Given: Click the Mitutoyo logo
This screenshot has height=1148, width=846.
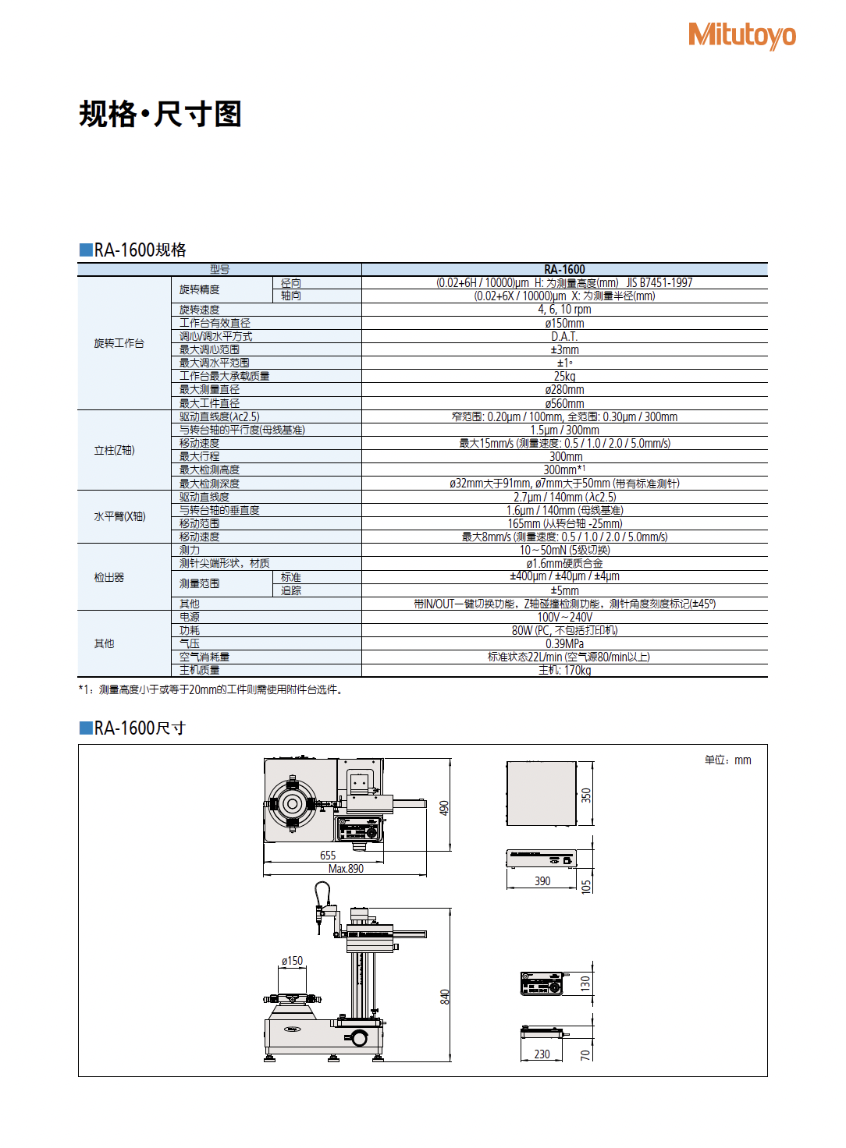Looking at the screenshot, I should click(x=741, y=35).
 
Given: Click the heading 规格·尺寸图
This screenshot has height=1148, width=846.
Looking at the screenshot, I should click(x=160, y=114).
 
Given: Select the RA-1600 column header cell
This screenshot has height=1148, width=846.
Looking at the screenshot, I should click(x=564, y=269).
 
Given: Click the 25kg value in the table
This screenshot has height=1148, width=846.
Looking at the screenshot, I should click(x=564, y=376).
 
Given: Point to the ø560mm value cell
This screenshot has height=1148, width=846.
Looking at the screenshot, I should click(x=564, y=403).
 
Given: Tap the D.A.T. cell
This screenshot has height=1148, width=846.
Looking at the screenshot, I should click(x=564, y=336).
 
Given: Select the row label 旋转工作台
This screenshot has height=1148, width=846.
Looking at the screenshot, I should click(x=119, y=343).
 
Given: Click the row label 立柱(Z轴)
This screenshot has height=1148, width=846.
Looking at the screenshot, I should click(x=114, y=450).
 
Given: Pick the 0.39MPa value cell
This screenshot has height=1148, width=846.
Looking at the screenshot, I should click(x=564, y=643).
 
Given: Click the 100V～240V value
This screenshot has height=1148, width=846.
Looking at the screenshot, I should click(x=564, y=617).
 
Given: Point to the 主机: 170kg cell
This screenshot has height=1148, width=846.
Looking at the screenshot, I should click(x=564, y=670).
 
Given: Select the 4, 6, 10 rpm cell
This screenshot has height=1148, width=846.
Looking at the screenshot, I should click(x=564, y=310).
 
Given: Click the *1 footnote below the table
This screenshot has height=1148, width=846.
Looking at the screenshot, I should click(x=211, y=689).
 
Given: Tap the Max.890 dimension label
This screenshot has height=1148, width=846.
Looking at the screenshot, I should click(x=346, y=869).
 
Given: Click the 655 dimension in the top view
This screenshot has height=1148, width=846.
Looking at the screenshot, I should click(x=328, y=856).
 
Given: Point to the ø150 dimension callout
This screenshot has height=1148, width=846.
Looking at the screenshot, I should click(x=292, y=961).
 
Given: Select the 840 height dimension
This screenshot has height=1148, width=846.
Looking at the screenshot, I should click(x=445, y=996).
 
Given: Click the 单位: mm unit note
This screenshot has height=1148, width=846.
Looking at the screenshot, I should click(x=727, y=760).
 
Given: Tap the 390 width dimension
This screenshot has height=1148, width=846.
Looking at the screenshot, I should click(x=542, y=881).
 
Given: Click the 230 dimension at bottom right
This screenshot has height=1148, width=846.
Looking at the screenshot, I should click(x=542, y=1054).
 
